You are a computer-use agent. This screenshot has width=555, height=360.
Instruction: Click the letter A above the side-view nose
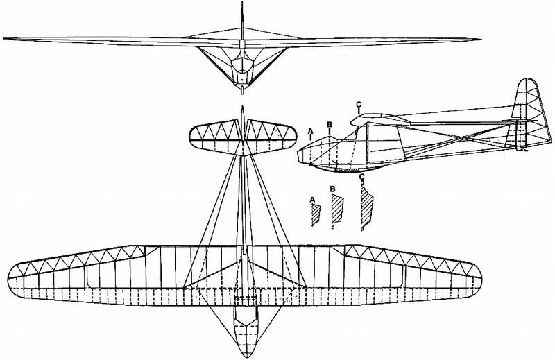pos(311,131)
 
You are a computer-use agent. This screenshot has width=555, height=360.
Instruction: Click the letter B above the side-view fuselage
pos(330,125)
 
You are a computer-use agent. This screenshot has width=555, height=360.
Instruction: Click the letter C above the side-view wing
pos(359,105)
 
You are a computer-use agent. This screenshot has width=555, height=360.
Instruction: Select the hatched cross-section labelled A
pos(316,215)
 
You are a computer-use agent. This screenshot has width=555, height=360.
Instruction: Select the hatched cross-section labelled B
pos(337,212)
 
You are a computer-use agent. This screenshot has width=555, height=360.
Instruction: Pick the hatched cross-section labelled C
pos(367,205)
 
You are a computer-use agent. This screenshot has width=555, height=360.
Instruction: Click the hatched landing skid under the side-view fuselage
pos(345,171)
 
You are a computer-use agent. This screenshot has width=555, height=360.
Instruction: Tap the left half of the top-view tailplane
pos(215,138)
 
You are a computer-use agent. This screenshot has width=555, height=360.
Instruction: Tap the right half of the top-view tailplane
pos(271,138)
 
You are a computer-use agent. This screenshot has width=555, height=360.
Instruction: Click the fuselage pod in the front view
pos(242,71)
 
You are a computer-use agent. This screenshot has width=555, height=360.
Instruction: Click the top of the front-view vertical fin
pos(242,3)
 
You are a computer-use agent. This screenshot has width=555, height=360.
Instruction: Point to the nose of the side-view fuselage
pos(299,155)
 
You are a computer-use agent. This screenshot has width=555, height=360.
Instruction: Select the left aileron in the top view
pos(76,261)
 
